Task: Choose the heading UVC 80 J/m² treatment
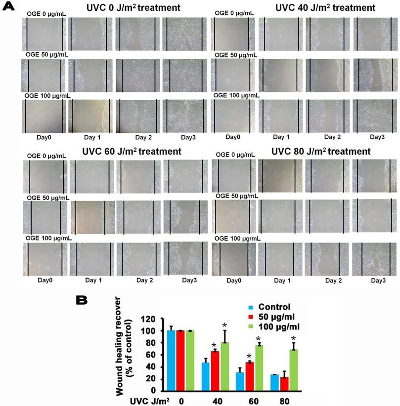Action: pos(322,151)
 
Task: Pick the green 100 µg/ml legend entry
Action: pos(279,327)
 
